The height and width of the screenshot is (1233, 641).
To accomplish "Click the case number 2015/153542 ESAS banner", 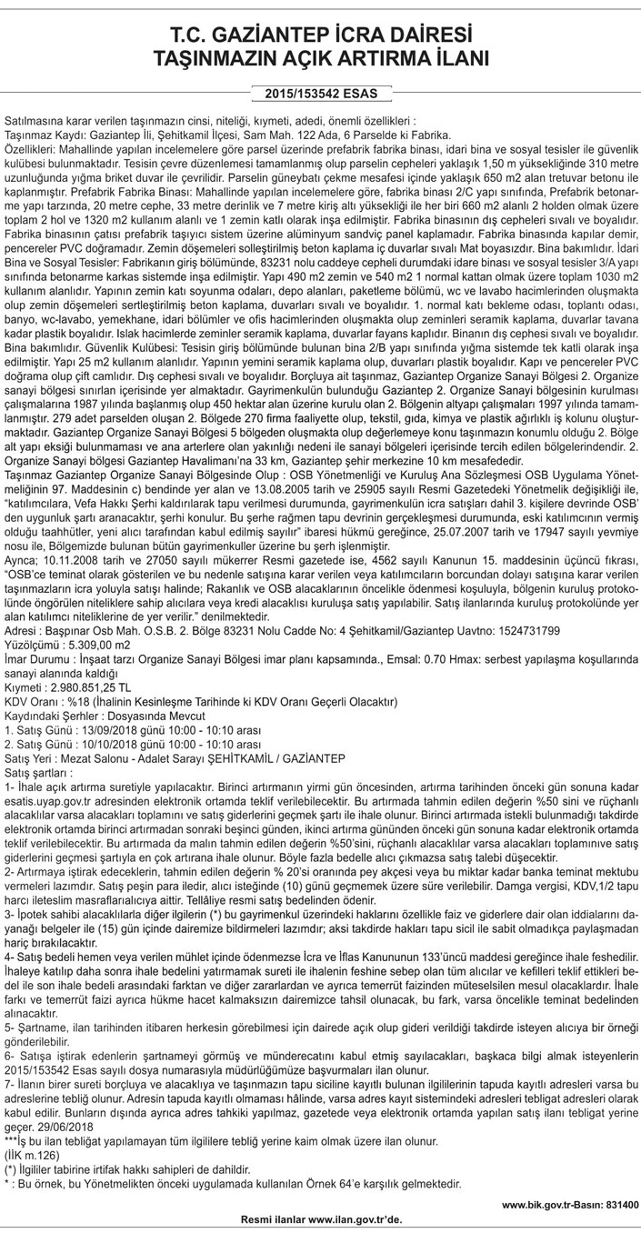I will coord(320,93).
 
